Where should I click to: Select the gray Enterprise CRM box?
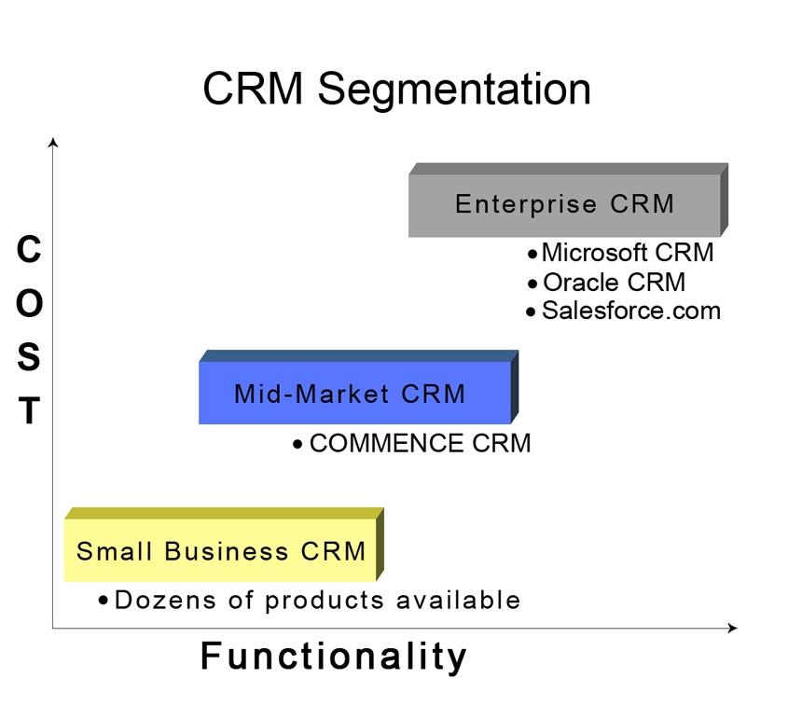(564, 204)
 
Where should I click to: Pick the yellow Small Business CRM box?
(221, 551)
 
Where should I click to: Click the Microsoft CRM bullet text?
(627, 253)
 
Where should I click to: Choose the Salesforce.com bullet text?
(630, 311)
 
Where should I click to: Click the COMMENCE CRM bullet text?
(420, 444)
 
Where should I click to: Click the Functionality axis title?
(334, 657)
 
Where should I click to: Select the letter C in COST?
(29, 250)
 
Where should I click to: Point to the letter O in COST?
(29, 304)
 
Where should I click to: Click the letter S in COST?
(29, 357)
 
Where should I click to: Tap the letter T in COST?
(29, 411)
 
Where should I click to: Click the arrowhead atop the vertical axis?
(53, 143)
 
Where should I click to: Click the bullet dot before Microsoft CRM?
(532, 254)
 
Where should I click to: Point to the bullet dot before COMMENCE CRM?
(297, 445)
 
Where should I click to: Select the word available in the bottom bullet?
(458, 600)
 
